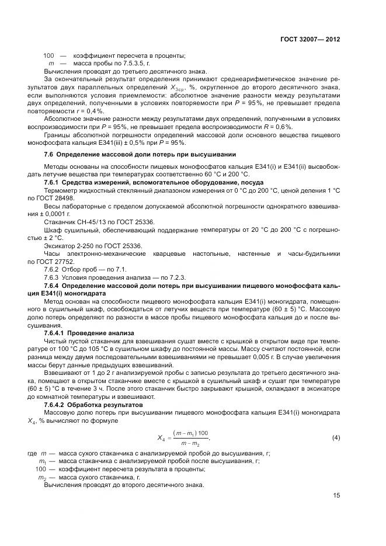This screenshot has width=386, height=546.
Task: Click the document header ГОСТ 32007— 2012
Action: point(309,40)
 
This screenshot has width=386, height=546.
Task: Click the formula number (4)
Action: point(336,437)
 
